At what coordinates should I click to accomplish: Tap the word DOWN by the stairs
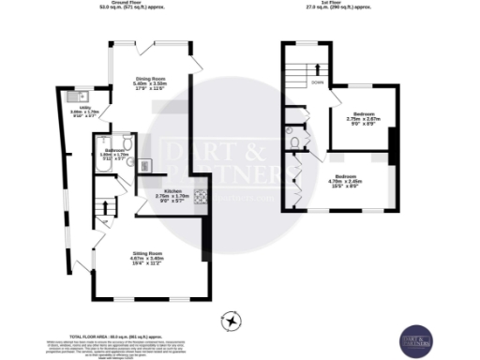[319, 82]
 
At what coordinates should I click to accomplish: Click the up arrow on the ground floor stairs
[106, 206]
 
